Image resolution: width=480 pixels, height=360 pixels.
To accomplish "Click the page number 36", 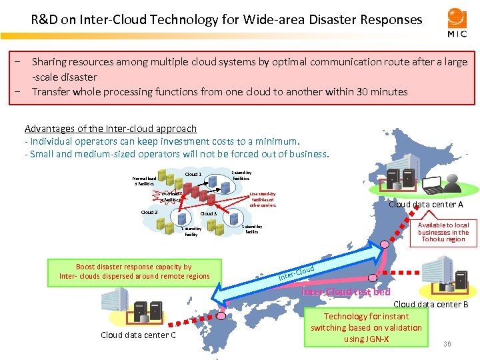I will tap(447, 344).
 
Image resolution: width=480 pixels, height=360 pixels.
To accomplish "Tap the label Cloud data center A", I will tap(426, 205).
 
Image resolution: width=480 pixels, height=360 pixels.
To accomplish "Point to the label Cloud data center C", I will tap(138, 335).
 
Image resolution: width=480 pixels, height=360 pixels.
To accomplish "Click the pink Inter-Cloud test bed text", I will tap(346, 292).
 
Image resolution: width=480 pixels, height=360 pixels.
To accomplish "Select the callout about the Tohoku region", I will tap(443, 232).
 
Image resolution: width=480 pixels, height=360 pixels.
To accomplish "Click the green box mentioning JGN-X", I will tap(366, 327).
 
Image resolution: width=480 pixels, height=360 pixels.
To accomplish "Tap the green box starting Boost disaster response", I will tap(134, 271).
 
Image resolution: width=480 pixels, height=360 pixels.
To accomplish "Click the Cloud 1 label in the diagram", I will tap(193, 175).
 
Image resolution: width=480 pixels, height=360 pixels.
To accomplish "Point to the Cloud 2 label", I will tap(149, 213).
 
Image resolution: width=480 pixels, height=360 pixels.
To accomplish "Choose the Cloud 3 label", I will tap(209, 213).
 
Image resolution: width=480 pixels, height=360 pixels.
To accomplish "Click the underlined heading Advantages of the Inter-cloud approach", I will tap(111, 129).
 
